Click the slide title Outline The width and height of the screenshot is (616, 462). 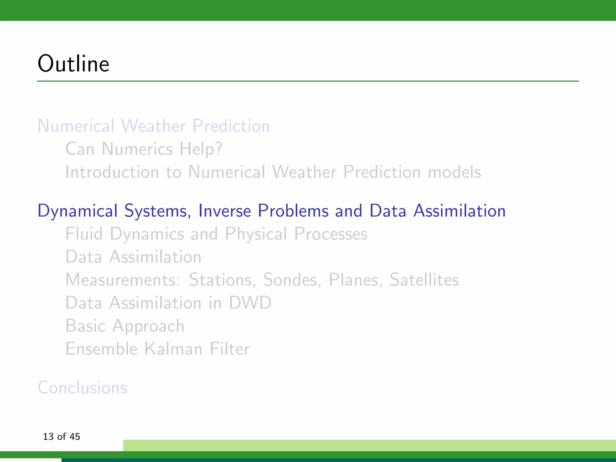click(73, 64)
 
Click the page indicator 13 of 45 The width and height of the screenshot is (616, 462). click(61, 436)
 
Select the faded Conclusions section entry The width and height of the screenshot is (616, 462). click(82, 387)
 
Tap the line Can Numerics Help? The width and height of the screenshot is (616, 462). click(144, 149)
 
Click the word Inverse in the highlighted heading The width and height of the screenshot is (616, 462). click(224, 211)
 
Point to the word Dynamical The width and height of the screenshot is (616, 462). click(77, 211)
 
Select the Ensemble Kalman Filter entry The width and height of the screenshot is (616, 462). click(157, 349)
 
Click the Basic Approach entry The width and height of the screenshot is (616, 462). click(125, 326)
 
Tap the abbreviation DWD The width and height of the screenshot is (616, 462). click(250, 303)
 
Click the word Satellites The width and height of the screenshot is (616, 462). click(424, 280)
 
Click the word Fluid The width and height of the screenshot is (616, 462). click(84, 234)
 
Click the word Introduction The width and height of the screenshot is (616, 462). click(112, 172)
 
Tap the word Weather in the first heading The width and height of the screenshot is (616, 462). click(153, 126)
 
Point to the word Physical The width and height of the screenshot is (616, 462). click(256, 234)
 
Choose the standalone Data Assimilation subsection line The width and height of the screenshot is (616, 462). click(133, 257)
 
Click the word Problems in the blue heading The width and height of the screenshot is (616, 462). click(293, 211)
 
